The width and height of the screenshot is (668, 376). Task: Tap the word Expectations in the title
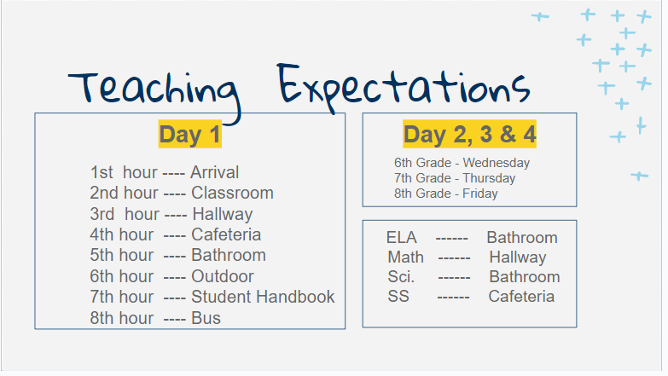click(x=404, y=88)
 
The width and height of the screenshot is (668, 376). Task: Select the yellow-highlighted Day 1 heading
click(x=190, y=134)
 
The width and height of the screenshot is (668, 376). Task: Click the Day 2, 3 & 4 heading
click(x=469, y=134)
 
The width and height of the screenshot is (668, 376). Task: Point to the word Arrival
click(x=214, y=172)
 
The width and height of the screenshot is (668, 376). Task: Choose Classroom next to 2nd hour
click(x=232, y=193)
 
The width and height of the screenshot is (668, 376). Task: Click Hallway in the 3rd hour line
click(x=223, y=214)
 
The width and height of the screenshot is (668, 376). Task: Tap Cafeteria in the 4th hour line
click(x=226, y=234)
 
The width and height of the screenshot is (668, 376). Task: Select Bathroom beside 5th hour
click(x=229, y=255)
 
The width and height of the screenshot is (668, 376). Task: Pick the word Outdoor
click(x=223, y=276)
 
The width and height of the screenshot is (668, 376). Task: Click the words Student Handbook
click(x=263, y=297)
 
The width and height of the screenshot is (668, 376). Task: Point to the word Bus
click(x=206, y=318)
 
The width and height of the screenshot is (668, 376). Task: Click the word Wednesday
click(x=497, y=163)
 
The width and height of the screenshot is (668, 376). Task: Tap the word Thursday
click(x=489, y=178)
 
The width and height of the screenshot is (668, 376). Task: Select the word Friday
click(x=480, y=194)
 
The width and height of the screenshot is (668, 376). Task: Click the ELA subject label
click(x=401, y=238)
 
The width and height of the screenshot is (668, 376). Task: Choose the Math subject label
click(x=405, y=257)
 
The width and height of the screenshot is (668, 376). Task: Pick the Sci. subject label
click(x=401, y=277)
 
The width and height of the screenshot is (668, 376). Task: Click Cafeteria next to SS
click(x=521, y=297)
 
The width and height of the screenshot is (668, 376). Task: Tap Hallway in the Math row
click(x=518, y=257)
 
